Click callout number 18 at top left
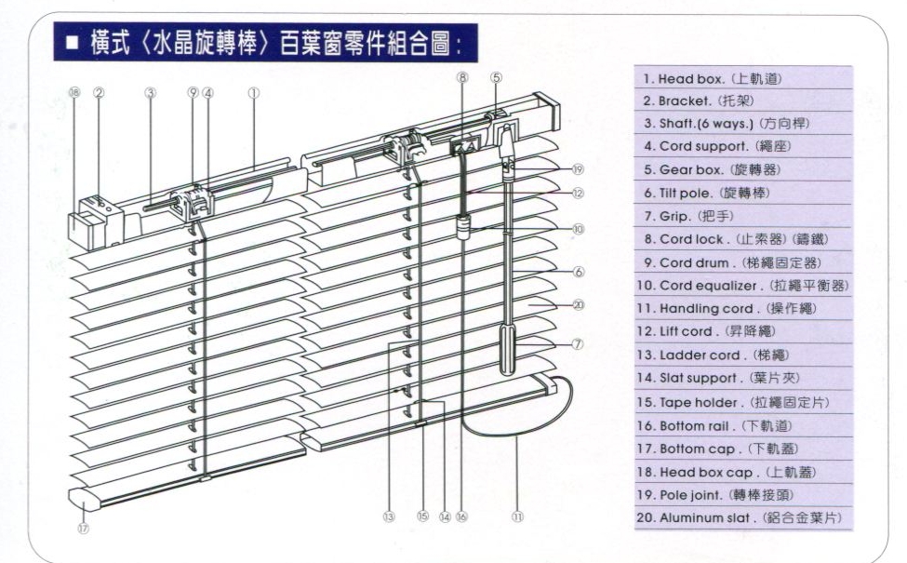74,93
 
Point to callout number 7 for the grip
577,343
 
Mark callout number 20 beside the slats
577,304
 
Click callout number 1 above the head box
253,93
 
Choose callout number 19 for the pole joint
577,169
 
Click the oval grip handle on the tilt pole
507,349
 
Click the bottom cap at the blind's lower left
84,503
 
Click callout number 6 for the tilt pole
577,272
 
